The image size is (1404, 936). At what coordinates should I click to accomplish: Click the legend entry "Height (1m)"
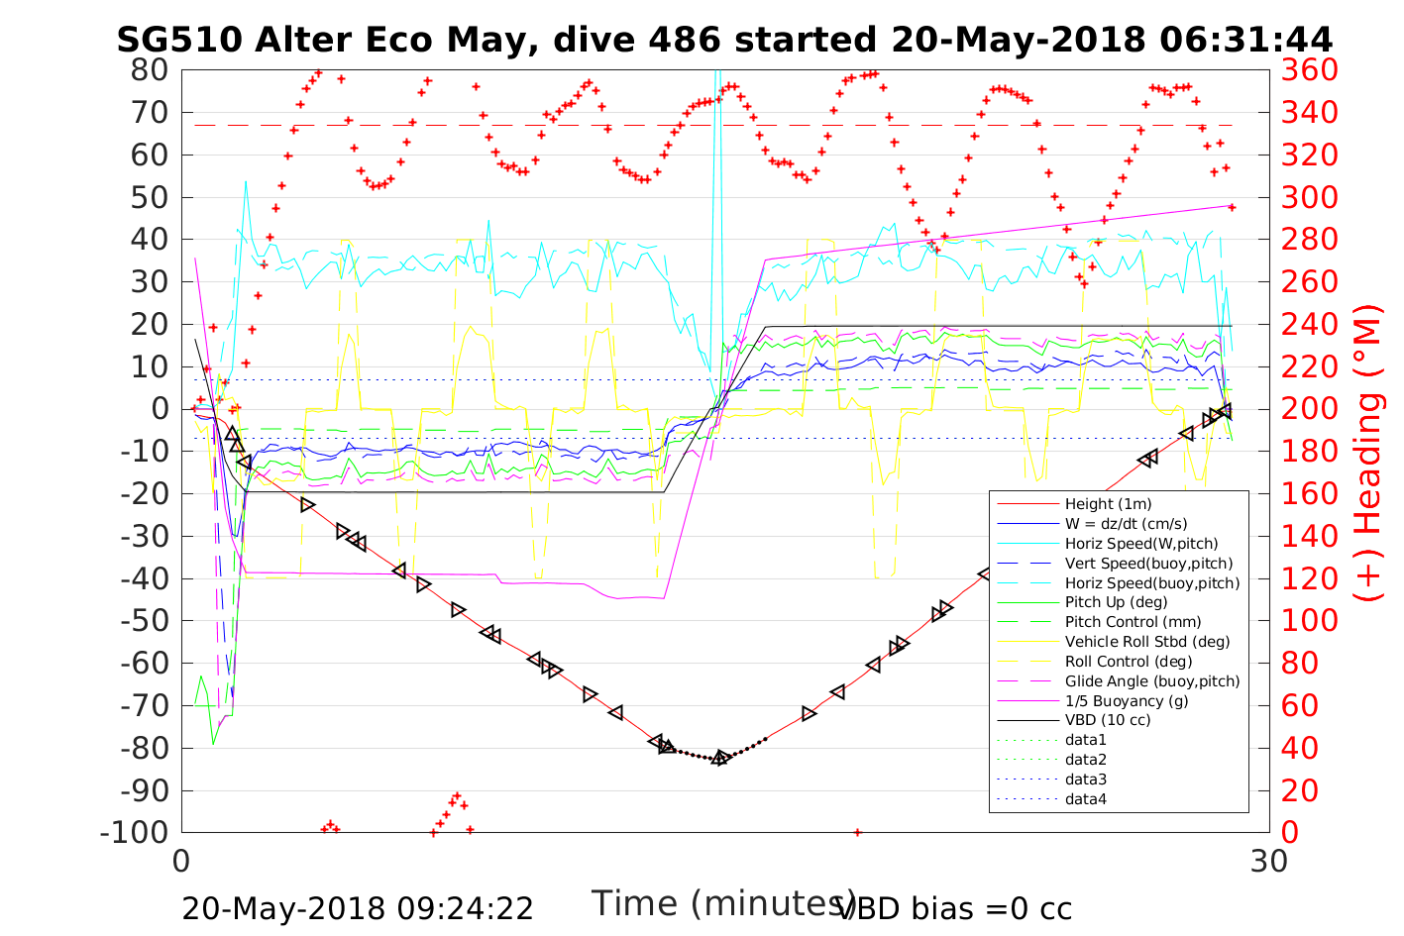[1108, 504]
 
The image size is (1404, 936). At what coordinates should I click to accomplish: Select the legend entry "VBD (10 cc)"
[1108, 720]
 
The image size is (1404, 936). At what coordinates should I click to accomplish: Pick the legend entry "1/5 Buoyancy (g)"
[1127, 700]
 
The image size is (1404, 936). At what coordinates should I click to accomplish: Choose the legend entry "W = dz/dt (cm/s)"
[1126, 524]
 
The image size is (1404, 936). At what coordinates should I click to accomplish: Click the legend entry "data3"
[1086, 780]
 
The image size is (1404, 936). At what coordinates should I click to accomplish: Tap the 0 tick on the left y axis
[159, 409]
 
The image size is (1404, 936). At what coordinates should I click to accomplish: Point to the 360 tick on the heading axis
[1310, 70]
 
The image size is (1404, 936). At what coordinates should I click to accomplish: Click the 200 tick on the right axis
[1310, 409]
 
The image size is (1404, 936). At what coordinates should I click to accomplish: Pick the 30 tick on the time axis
[1269, 862]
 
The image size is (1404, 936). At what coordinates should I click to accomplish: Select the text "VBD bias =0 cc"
[954, 908]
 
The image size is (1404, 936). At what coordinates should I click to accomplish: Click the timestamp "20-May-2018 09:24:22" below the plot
[358, 908]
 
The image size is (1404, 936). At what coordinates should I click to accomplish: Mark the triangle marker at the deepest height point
[720, 758]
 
